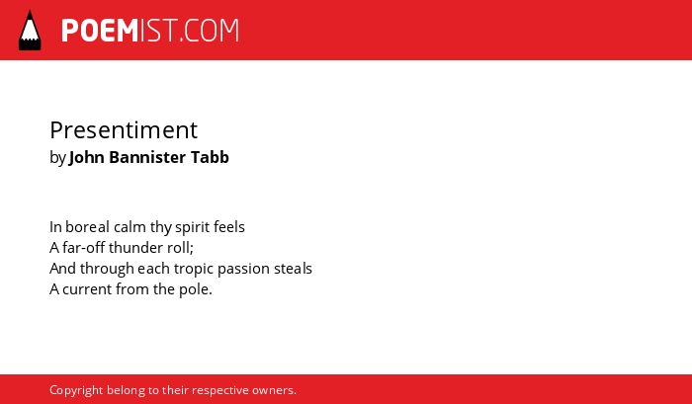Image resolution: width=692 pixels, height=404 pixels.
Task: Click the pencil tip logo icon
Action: coord(30,31)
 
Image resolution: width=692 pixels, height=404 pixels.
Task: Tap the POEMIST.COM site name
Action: coord(150,31)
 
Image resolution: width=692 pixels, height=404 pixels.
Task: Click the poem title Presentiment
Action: coord(124,130)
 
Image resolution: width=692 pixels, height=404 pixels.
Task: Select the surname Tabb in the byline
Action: coord(210,157)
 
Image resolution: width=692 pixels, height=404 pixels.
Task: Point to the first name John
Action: coord(87,157)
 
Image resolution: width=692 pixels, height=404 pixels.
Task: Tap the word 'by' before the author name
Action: coord(57,158)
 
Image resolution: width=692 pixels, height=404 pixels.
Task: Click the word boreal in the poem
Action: coord(87,227)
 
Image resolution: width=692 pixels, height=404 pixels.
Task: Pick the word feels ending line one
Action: coord(229,227)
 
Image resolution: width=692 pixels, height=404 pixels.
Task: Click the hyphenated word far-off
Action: coord(83,247)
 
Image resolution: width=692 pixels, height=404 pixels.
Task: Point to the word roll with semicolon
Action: coord(181,248)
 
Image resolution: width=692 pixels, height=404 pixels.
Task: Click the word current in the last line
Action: coord(87,289)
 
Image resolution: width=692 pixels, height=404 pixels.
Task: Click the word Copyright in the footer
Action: coord(76,391)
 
